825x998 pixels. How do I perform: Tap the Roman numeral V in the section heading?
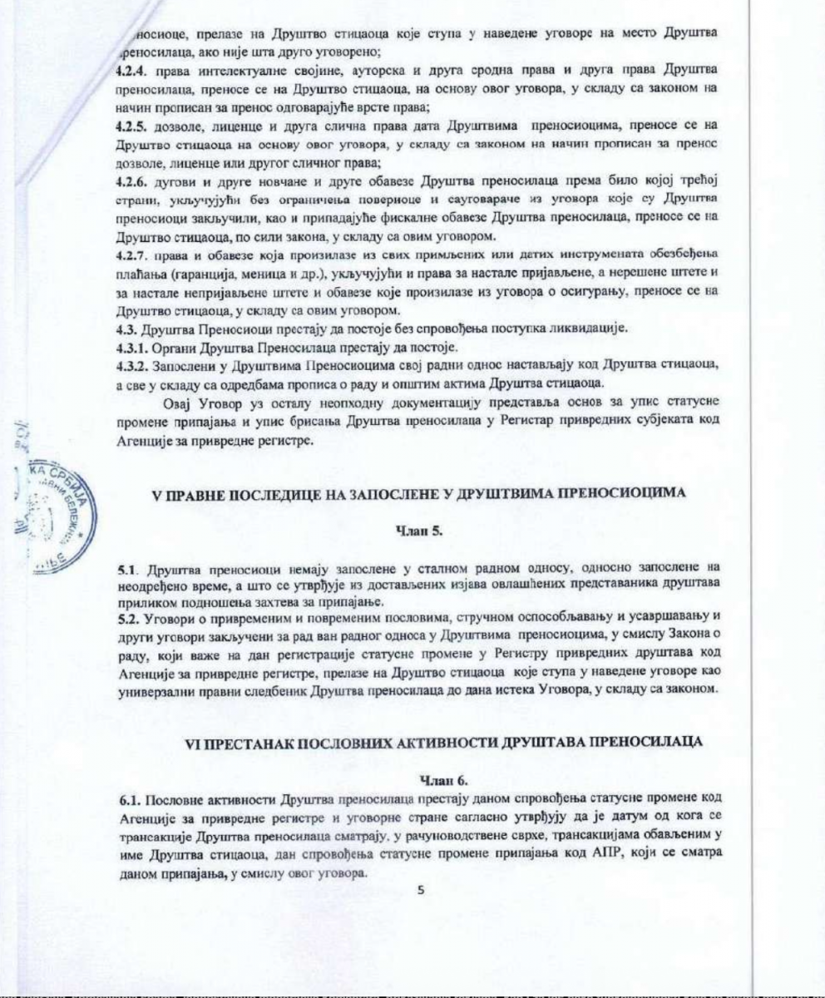(153, 494)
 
